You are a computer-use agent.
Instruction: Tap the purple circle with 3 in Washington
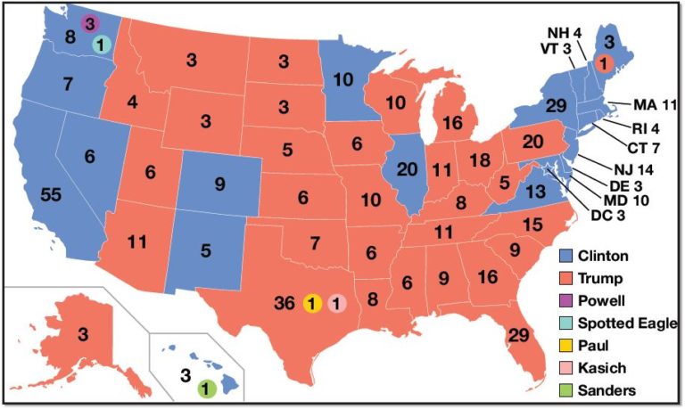(x=89, y=24)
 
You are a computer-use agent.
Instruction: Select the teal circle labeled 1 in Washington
(x=101, y=44)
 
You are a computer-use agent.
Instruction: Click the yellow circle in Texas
(x=312, y=303)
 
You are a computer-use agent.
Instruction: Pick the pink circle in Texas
(x=336, y=303)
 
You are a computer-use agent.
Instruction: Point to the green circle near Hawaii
(x=207, y=388)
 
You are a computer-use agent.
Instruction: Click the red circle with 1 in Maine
(x=603, y=63)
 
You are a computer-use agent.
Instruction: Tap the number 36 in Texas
(x=285, y=303)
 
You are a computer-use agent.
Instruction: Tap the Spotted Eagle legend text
(x=627, y=323)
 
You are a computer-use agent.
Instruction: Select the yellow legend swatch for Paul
(x=566, y=345)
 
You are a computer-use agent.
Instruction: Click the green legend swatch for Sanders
(x=566, y=389)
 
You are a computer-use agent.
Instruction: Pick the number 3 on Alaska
(x=82, y=335)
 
